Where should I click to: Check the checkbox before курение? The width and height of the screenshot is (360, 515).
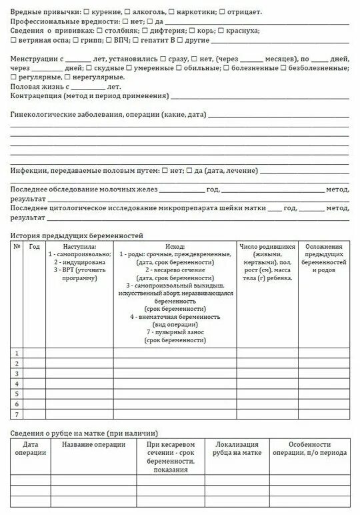click(88, 13)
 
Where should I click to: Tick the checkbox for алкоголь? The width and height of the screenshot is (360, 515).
click(127, 13)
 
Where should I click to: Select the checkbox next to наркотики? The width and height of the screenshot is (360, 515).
click(171, 13)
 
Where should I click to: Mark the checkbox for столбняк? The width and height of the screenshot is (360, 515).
click(99, 31)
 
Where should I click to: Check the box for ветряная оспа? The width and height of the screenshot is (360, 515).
click(13, 40)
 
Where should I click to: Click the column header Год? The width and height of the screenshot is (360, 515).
click(35, 247)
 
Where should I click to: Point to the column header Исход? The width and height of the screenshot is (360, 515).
click(175, 247)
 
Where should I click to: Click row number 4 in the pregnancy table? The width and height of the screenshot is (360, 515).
click(17, 384)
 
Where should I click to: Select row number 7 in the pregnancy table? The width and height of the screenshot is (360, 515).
click(17, 414)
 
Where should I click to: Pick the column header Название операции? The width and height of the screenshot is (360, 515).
click(93, 445)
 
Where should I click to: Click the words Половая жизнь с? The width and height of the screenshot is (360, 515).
click(39, 87)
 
